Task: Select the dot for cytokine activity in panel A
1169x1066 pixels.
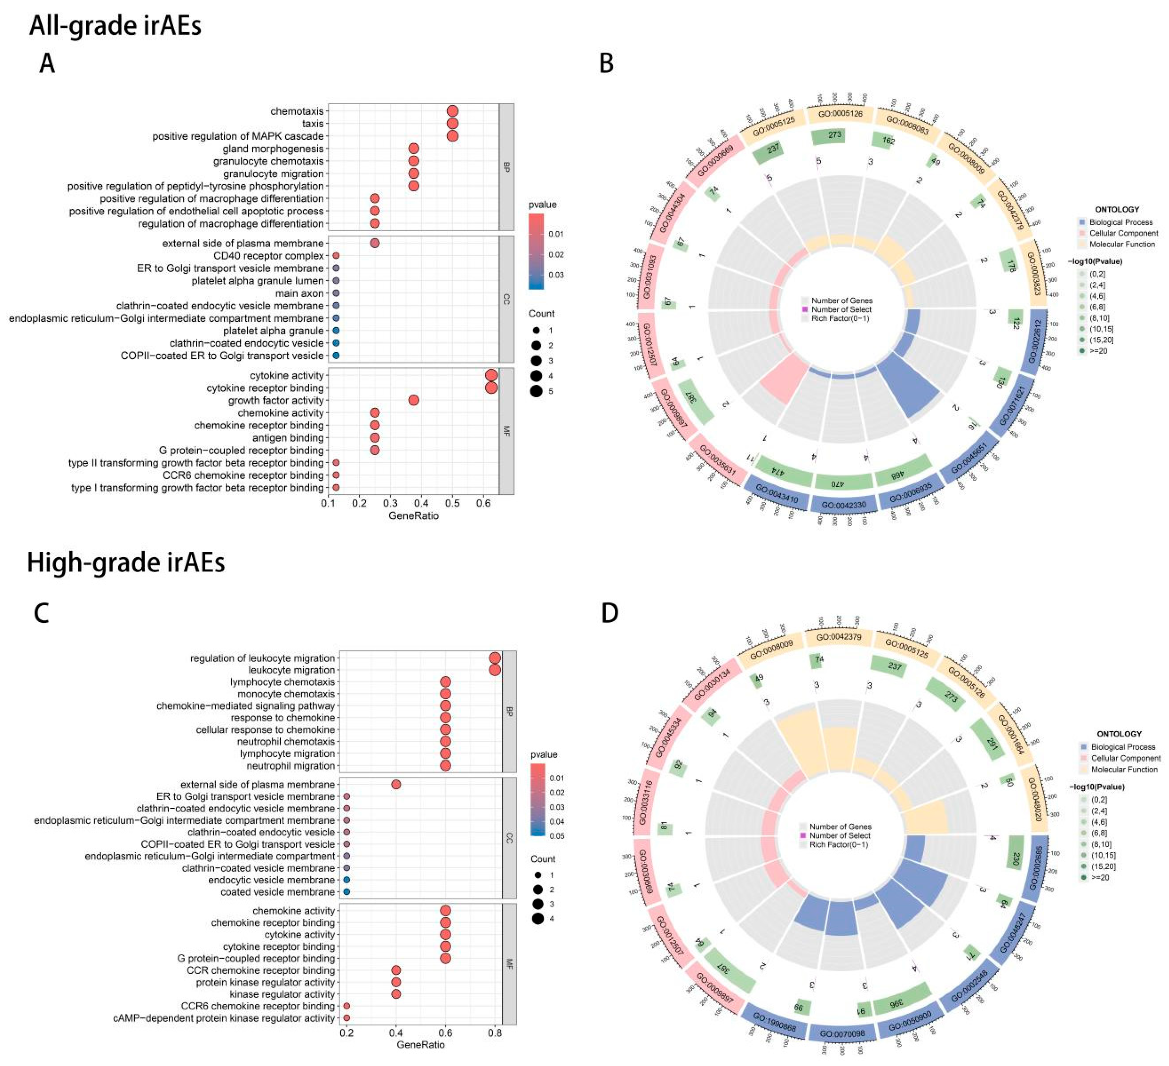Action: coord(491,375)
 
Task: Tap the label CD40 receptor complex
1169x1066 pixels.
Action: coord(268,256)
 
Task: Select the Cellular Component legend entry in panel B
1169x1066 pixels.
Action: coord(1123,233)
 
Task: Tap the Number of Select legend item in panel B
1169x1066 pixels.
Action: coord(841,309)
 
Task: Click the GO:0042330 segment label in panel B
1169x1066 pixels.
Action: coord(844,505)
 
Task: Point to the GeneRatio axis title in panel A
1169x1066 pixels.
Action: coord(414,516)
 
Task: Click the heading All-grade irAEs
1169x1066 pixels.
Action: coord(115,26)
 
